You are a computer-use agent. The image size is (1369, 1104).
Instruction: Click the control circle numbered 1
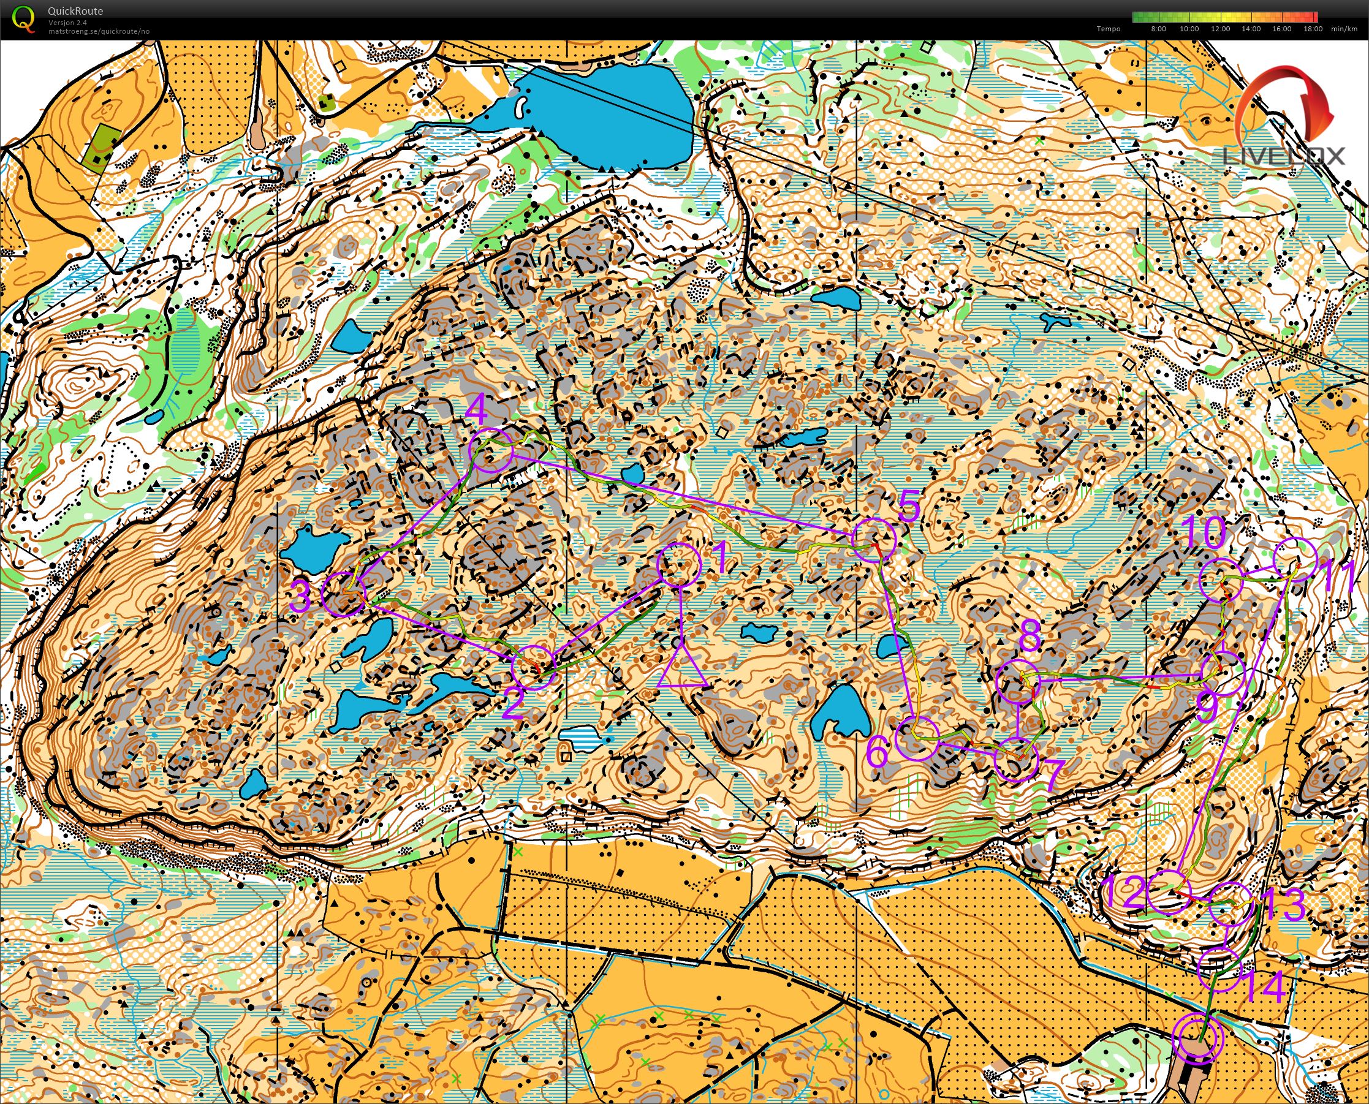click(679, 565)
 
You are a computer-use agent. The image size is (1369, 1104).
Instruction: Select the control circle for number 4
click(490, 450)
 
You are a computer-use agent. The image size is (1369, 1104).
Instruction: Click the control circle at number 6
click(917, 738)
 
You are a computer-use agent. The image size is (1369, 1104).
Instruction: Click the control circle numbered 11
click(1297, 559)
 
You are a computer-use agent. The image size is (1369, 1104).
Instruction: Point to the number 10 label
click(1205, 532)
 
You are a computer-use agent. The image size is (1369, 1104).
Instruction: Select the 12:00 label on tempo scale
click(1220, 29)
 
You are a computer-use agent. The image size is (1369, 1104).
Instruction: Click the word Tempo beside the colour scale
click(1108, 29)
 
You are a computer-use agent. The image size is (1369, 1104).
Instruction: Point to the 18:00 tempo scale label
click(1313, 29)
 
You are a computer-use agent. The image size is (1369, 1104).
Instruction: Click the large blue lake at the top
click(604, 115)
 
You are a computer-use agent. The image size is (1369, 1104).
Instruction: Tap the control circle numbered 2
click(534, 667)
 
